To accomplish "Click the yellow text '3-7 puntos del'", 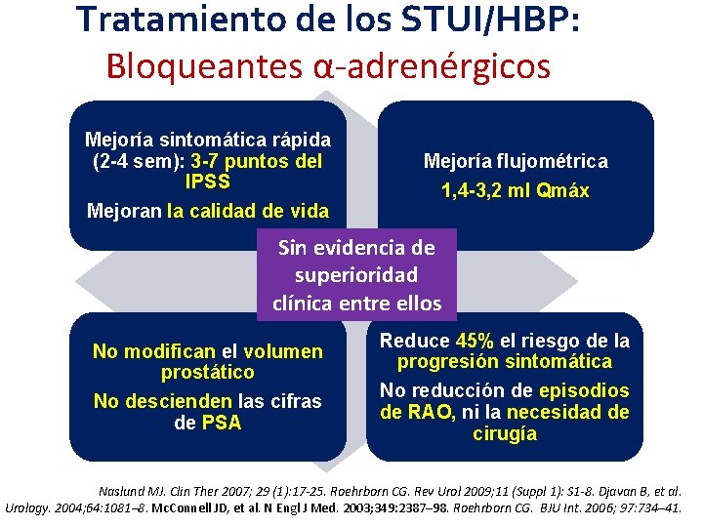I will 257,161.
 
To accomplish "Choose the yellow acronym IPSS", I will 207,182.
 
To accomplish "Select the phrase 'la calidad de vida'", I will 248,210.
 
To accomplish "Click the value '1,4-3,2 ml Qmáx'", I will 515,190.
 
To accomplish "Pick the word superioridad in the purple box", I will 355,275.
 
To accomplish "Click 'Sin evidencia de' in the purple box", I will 355,247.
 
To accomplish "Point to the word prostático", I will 207,372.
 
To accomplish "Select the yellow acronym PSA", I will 221,423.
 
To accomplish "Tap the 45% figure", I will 476,342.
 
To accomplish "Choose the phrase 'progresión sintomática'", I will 504,362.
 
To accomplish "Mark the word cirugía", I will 504,433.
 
